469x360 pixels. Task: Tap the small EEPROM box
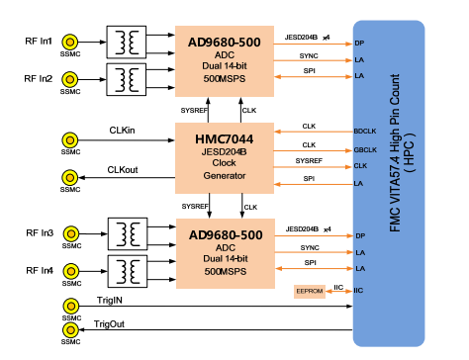pos(309,292)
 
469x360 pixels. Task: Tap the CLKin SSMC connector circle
pos(70,139)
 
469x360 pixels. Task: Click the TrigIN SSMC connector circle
pos(70,308)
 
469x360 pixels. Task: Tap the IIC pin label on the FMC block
pos(359,291)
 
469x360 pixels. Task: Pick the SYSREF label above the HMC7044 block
pos(195,110)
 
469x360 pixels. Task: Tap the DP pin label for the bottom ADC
pos(360,235)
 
